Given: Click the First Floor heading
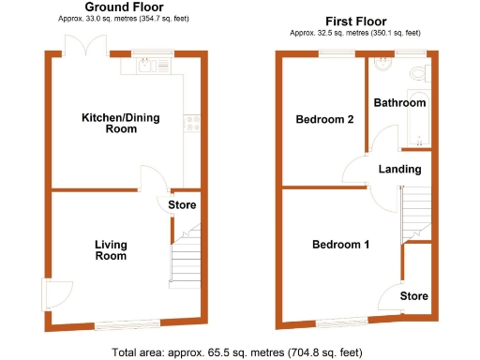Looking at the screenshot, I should click(356, 21).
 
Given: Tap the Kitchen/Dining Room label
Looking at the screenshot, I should click(109, 123).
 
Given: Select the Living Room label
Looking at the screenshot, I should click(111, 249).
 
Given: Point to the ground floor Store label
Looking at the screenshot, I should click(182, 205).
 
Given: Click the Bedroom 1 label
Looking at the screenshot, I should click(340, 245).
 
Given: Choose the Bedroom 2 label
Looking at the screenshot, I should click(324, 120).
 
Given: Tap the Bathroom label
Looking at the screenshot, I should click(399, 103).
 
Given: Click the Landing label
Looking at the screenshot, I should click(399, 170).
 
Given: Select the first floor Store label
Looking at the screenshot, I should click(414, 296).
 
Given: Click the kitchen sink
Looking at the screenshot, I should click(147, 65).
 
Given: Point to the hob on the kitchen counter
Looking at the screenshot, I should click(193, 121).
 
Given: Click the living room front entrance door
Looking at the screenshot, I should click(56, 294).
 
